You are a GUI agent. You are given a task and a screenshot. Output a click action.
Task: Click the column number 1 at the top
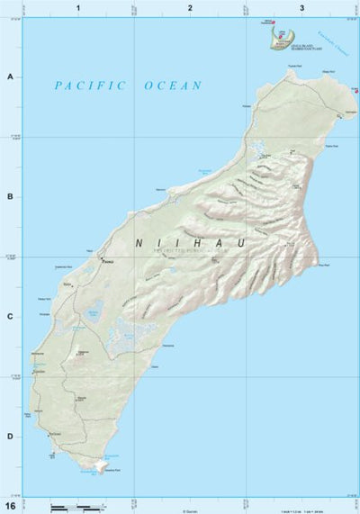79,7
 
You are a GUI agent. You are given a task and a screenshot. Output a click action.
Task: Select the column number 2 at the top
190,7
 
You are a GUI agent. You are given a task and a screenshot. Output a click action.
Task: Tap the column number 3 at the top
301,7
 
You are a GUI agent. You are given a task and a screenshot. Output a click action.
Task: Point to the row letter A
10,77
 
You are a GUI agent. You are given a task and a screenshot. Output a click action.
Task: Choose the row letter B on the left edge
10,196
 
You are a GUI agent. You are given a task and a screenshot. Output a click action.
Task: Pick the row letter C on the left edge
10,316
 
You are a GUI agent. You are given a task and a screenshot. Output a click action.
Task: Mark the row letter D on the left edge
10,437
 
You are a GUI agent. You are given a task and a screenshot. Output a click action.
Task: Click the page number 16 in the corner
10,506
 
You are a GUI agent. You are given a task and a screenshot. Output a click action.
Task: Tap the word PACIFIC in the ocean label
89,86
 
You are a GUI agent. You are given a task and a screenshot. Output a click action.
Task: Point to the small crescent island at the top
284,38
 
